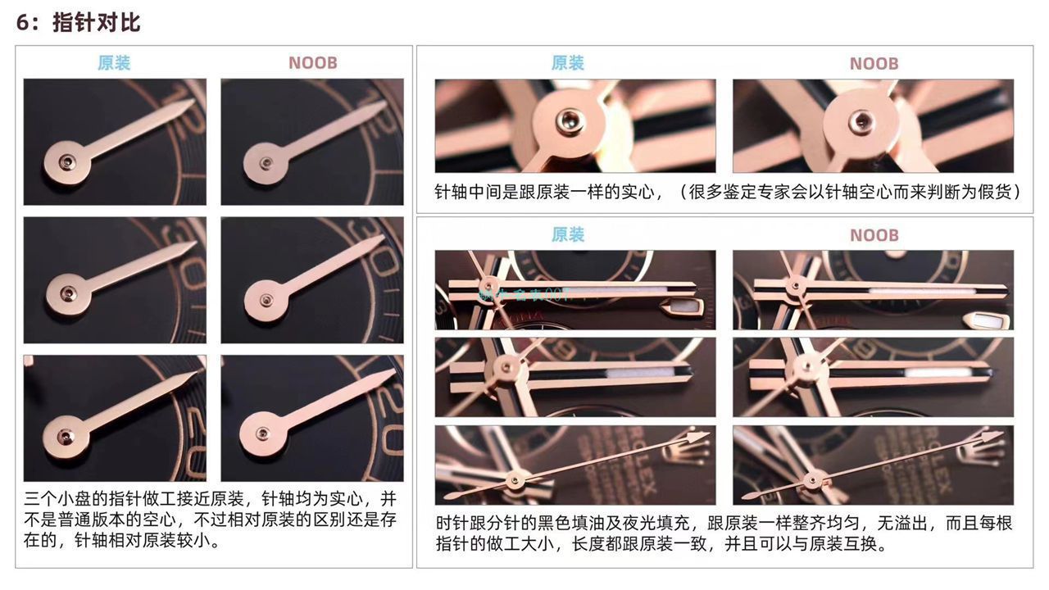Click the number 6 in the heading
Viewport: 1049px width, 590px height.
(x=23, y=23)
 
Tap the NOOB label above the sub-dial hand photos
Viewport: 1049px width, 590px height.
(x=312, y=63)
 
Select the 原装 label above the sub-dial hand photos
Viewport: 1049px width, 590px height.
(x=114, y=63)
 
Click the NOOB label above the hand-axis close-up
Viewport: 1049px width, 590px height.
(x=874, y=64)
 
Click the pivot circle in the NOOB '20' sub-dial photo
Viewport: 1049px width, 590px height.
(x=263, y=432)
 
